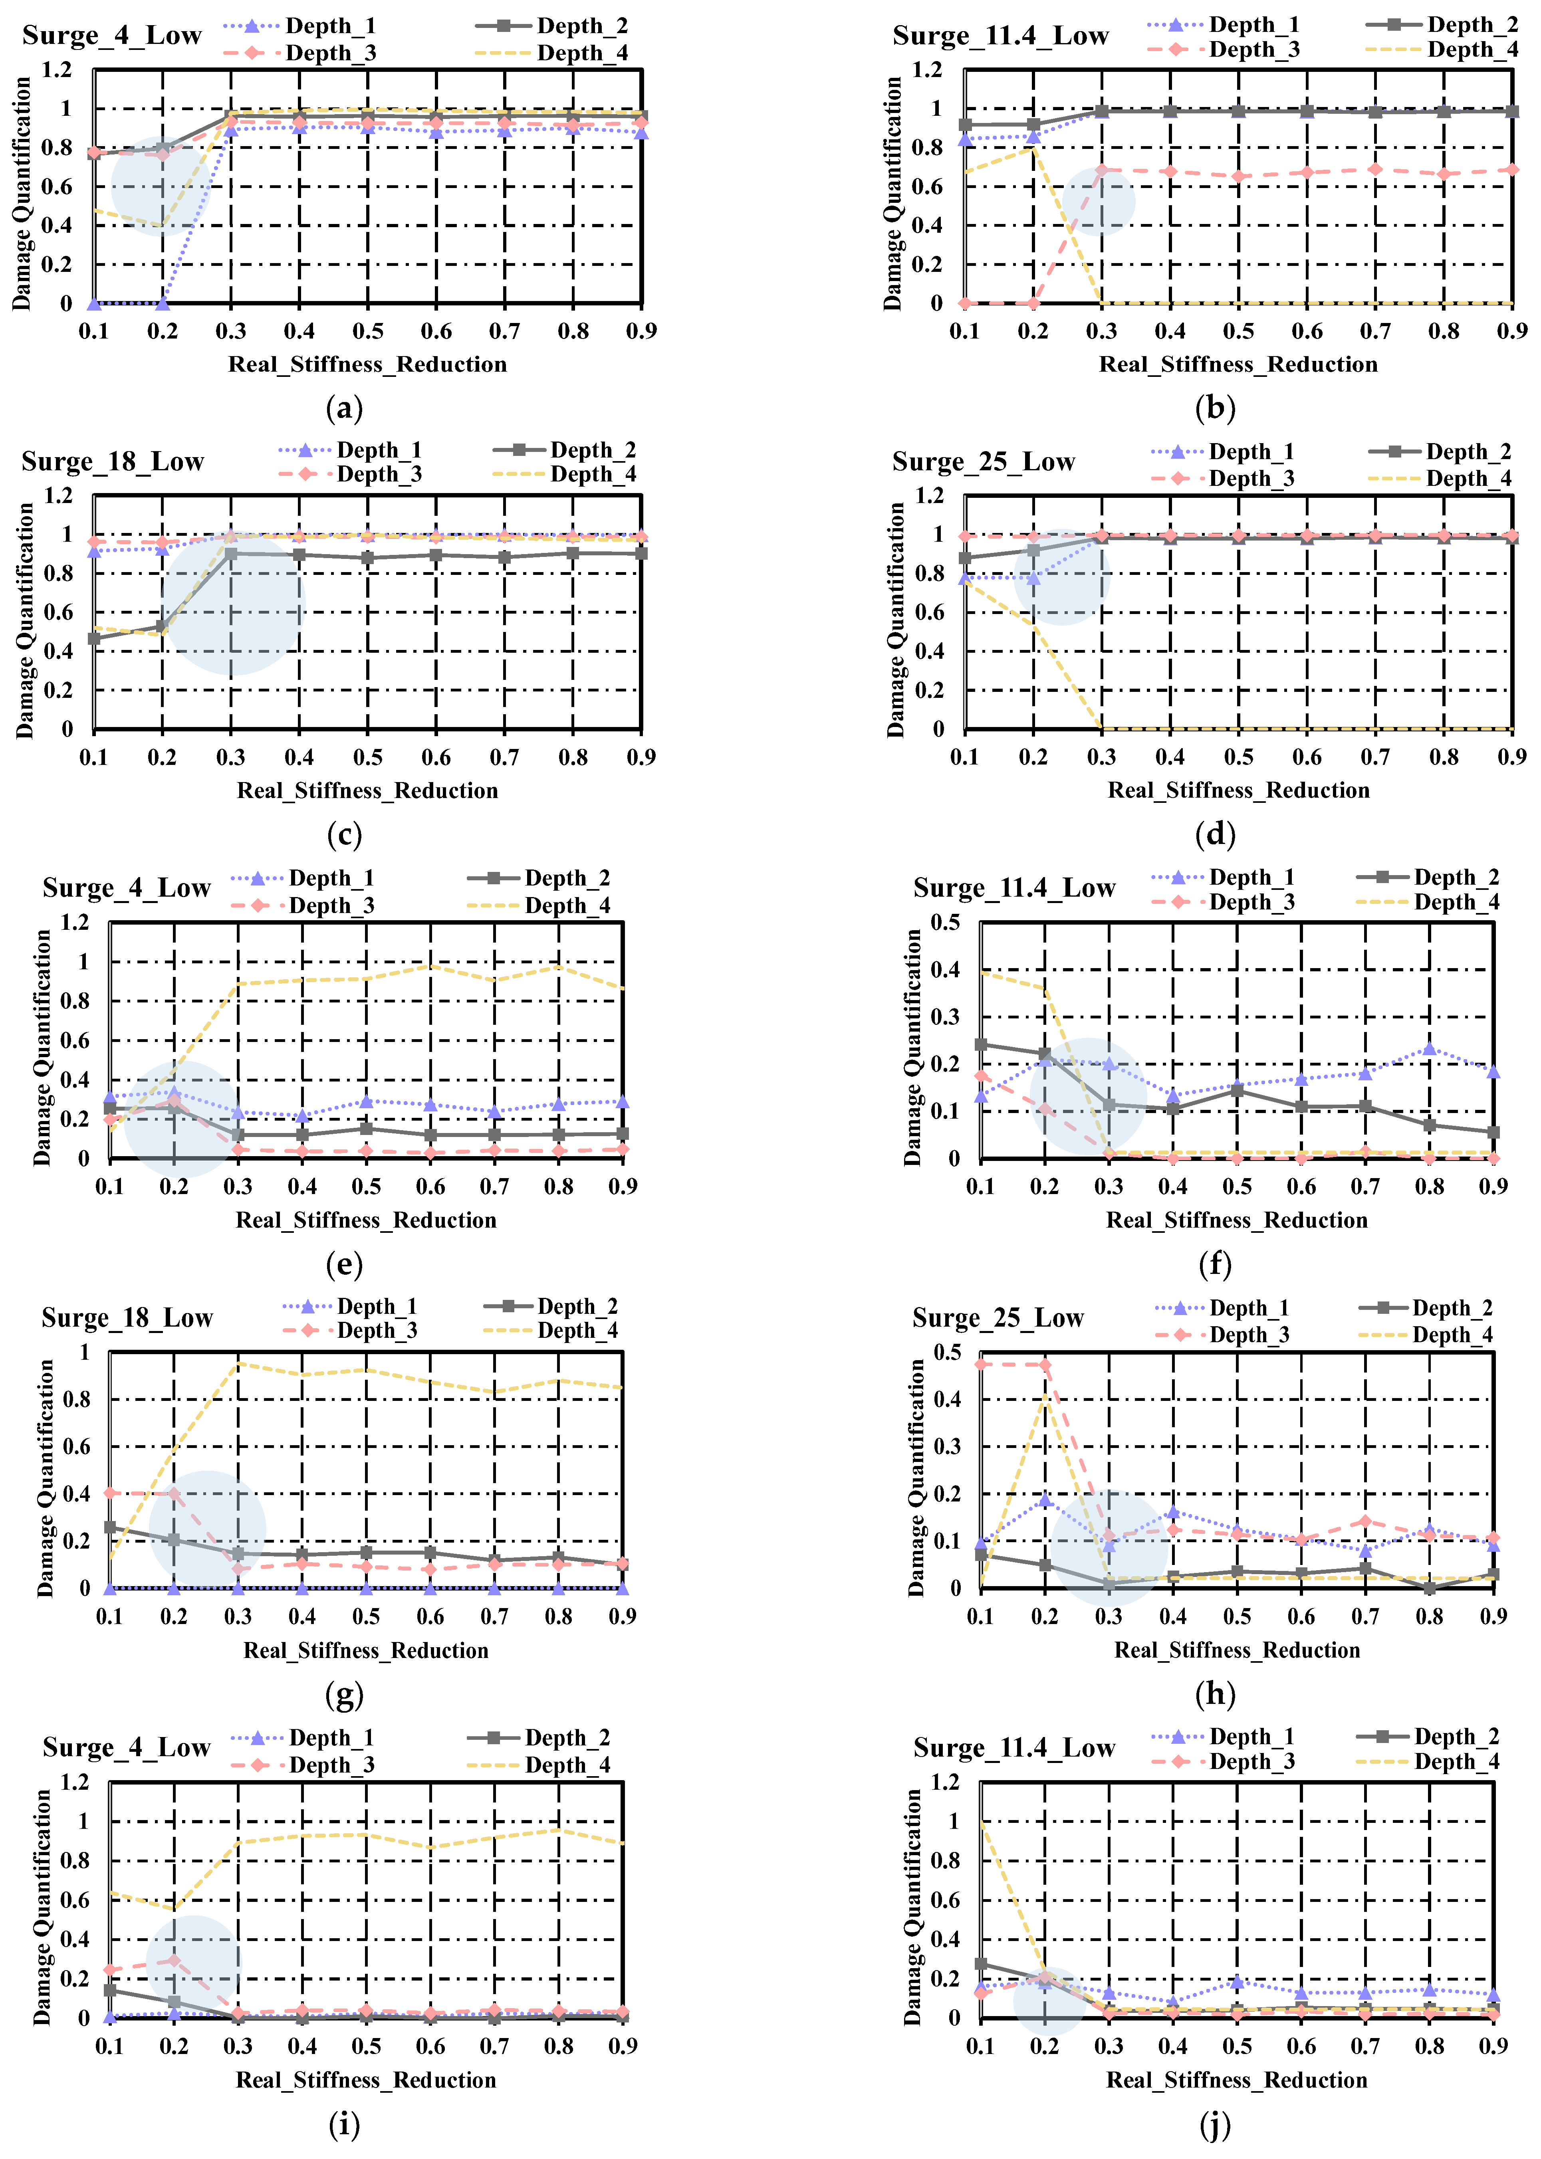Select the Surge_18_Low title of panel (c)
click(113, 462)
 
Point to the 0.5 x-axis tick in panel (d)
click(1238, 756)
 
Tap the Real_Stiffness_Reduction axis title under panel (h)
click(1236, 1650)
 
